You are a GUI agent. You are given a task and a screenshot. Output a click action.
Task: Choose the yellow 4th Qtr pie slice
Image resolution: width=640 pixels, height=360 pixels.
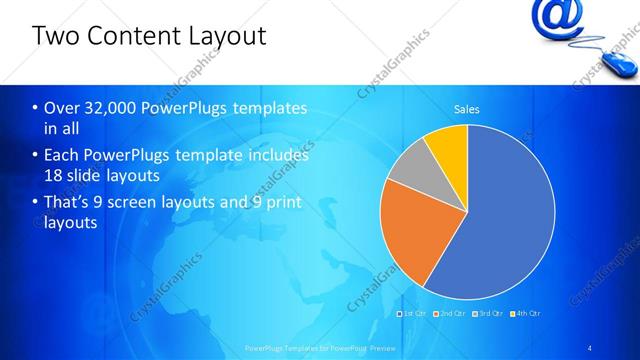click(448, 144)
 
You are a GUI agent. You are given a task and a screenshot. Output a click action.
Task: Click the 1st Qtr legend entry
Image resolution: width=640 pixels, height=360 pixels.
click(414, 313)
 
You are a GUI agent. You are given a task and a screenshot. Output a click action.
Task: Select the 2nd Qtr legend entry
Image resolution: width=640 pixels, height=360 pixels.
click(452, 313)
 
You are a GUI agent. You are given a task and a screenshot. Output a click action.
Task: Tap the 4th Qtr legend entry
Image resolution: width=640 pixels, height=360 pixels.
click(527, 313)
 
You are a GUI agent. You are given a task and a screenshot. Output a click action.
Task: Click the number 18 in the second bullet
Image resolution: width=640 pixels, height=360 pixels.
click(53, 175)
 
